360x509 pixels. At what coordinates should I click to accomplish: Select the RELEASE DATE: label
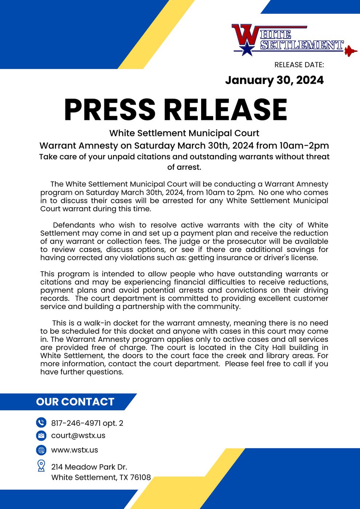[299, 65]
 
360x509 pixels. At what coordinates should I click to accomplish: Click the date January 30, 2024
[274, 80]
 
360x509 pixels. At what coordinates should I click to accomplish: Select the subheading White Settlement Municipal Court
[184, 133]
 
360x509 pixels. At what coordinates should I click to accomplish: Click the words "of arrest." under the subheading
[184, 167]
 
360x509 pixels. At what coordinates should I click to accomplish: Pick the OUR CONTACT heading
[75, 402]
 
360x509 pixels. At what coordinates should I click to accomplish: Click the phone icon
[41, 422]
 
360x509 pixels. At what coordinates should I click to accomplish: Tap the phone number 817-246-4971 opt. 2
[87, 423]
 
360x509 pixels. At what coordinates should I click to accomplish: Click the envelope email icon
[41, 436]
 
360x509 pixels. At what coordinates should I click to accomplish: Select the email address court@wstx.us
[78, 436]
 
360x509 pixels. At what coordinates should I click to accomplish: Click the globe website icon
[41, 450]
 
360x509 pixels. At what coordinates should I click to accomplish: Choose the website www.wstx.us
[75, 450]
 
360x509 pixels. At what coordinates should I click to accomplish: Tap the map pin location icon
[41, 466]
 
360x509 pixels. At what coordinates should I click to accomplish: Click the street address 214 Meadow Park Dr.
[89, 467]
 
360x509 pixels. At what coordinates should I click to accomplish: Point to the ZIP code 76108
[140, 477]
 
